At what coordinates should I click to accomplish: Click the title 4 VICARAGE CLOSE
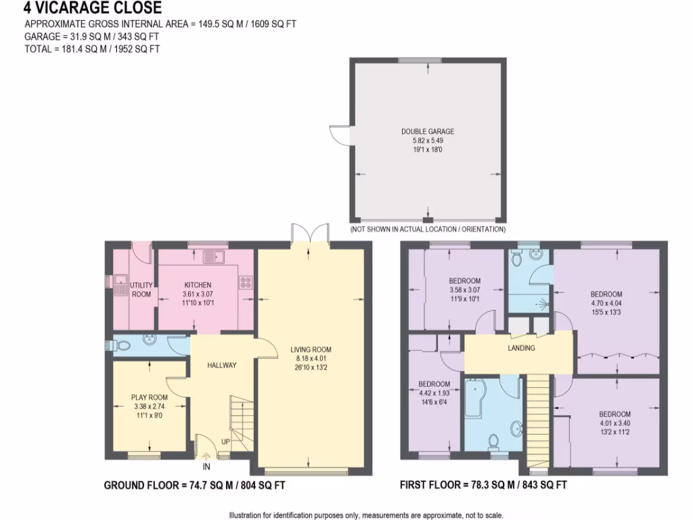(93, 9)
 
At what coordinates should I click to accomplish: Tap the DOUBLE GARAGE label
(427, 132)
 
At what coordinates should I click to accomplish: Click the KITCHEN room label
(198, 286)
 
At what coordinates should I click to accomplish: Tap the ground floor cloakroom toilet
(121, 345)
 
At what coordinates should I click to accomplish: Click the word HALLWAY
(221, 366)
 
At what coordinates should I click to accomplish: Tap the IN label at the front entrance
(206, 467)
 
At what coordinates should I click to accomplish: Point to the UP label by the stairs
(225, 443)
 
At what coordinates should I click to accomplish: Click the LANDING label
(521, 348)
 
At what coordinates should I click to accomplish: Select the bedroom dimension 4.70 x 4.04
(606, 303)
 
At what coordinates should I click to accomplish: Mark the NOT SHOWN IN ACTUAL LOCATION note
(427, 230)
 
